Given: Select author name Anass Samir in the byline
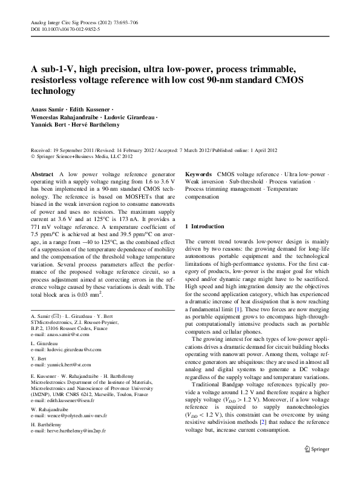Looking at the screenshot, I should click(x=47, y=110).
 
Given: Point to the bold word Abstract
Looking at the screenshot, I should click(x=41, y=174).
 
